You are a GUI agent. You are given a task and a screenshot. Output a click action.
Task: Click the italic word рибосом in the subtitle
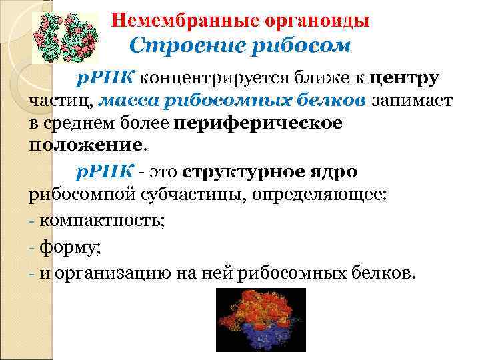[x=289, y=46]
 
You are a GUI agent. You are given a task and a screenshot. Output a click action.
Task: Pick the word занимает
[x=412, y=101]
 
